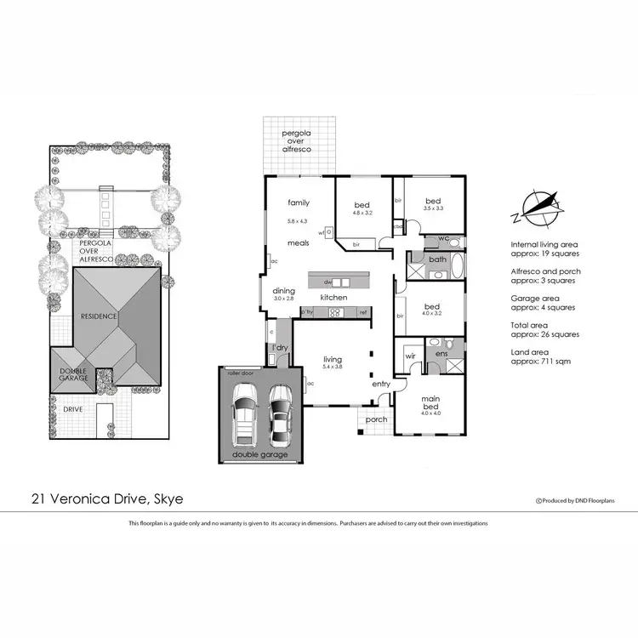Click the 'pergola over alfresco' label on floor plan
[x=298, y=141]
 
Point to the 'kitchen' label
[x=333, y=298]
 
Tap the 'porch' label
[x=376, y=419]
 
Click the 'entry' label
[x=380, y=385]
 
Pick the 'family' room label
[x=298, y=202]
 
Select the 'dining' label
[x=283, y=291]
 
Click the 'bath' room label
[x=437, y=259]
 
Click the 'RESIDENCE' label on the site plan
[x=98, y=316]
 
